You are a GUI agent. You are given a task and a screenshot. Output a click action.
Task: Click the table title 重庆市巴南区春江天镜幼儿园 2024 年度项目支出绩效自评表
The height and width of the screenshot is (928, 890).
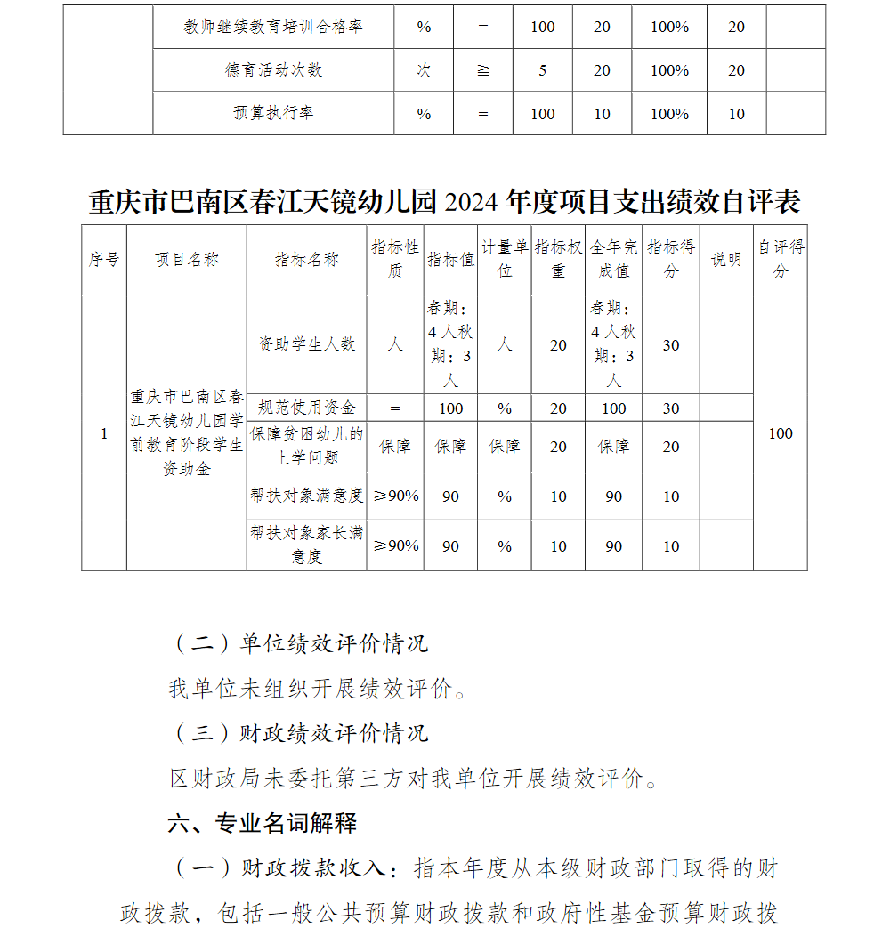click(x=445, y=202)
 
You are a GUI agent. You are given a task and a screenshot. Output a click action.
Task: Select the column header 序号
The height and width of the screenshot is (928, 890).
click(x=103, y=260)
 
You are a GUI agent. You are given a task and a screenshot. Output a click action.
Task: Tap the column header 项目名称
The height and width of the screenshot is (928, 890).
click(x=186, y=260)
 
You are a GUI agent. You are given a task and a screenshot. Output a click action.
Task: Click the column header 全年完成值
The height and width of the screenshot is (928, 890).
click(x=613, y=259)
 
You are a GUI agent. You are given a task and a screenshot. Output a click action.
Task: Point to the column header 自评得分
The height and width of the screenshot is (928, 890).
click(x=781, y=259)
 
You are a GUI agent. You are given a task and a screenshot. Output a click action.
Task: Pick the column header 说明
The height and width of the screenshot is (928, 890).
click(x=725, y=260)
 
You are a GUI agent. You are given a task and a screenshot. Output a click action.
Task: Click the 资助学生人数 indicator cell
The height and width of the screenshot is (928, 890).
click(x=306, y=344)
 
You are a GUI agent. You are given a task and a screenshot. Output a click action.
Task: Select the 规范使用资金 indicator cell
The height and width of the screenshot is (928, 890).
click(x=306, y=408)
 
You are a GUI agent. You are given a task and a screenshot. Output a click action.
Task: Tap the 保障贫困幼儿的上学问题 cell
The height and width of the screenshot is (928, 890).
click(x=306, y=446)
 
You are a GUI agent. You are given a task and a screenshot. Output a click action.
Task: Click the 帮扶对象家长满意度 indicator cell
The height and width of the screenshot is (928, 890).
click(x=306, y=545)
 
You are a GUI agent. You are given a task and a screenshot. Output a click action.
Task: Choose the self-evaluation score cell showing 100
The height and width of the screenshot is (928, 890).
click(x=781, y=433)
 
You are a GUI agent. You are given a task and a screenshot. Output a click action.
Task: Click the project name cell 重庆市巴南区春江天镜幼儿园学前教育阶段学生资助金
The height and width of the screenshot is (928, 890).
click(x=186, y=432)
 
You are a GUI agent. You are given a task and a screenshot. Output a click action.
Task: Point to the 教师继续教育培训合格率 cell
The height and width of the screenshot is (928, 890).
click(x=273, y=27)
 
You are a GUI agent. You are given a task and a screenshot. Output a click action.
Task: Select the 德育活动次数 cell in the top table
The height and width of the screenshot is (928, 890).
click(x=273, y=70)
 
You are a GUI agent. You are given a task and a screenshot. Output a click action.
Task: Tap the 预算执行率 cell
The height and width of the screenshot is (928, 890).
click(x=273, y=114)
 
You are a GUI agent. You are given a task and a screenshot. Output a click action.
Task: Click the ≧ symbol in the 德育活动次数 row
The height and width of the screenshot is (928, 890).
click(x=483, y=70)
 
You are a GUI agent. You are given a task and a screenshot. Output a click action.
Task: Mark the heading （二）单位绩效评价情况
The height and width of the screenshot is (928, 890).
click(x=298, y=643)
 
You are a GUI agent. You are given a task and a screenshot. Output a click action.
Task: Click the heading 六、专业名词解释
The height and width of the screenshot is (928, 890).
click(x=263, y=823)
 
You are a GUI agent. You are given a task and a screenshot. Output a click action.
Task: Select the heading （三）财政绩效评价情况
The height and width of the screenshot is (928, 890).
click(x=298, y=733)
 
